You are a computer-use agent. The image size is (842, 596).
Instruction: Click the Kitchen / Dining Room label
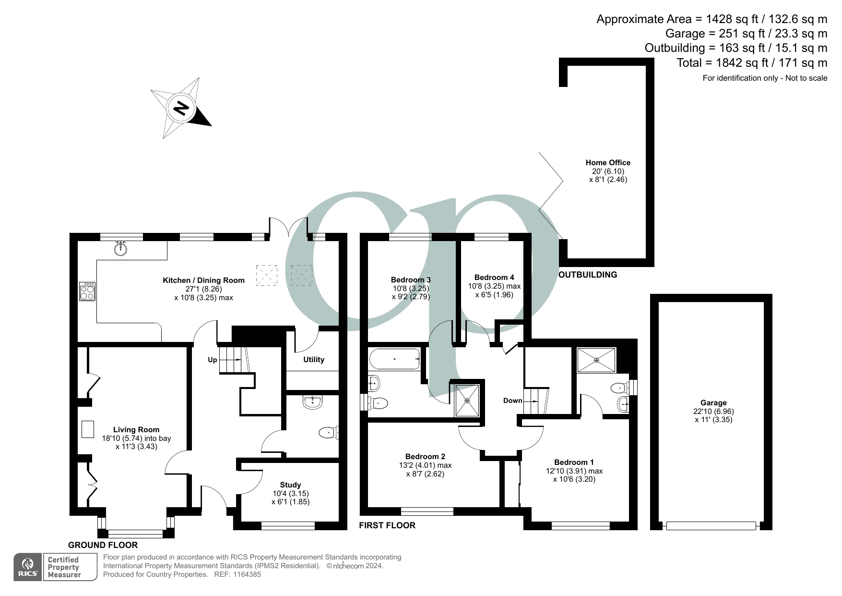(203, 280)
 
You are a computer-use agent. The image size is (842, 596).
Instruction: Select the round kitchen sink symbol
(121, 249)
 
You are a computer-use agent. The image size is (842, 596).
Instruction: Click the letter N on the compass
(181, 109)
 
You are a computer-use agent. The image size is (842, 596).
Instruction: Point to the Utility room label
(314, 360)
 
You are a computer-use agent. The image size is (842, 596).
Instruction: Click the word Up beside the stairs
(212, 360)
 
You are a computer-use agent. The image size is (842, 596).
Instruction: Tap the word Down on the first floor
(512, 401)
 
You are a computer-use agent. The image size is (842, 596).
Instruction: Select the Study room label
(290, 485)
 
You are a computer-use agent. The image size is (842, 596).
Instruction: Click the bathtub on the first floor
(394, 359)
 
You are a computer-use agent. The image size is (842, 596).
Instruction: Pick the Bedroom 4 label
(494, 278)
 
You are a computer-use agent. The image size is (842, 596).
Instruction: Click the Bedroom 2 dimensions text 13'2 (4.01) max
(425, 465)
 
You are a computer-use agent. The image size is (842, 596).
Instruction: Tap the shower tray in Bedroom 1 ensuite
(596, 360)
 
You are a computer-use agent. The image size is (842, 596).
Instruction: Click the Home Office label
(608, 163)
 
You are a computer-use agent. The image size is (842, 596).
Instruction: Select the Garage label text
(713, 403)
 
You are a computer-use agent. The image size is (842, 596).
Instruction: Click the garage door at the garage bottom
(711, 526)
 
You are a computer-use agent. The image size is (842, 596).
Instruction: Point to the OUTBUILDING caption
(588, 275)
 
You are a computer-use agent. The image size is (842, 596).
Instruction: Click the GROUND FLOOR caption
(103, 545)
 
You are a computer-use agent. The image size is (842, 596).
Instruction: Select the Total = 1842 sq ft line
(751, 63)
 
